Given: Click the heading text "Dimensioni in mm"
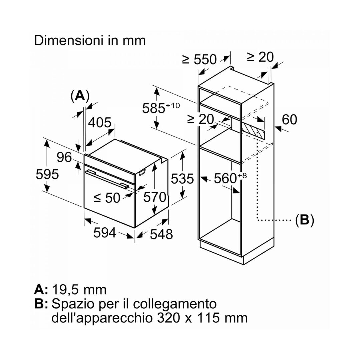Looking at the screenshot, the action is tap(90, 41).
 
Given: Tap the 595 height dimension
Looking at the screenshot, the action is tap(47, 174).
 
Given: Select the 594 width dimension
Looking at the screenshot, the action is tap(105, 233).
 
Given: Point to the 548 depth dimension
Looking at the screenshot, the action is tap(161, 234).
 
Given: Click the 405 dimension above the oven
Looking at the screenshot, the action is tap(100, 122).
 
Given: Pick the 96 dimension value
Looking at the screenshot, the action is tap(64, 157).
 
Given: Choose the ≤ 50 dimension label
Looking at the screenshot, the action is tap(107, 198).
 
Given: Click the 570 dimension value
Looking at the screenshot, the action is tap(155, 197).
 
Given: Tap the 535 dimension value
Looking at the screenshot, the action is tap(182, 179).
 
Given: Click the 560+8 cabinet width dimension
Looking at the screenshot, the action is tap(230, 178).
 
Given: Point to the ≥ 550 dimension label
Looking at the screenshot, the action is tap(199, 59).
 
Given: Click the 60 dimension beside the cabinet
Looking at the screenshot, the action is tap(289, 120).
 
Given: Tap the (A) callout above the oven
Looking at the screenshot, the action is tap(80, 96).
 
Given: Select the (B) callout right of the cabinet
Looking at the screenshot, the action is tap(304, 220).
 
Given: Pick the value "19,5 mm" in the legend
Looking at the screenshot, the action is tap(79, 290).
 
